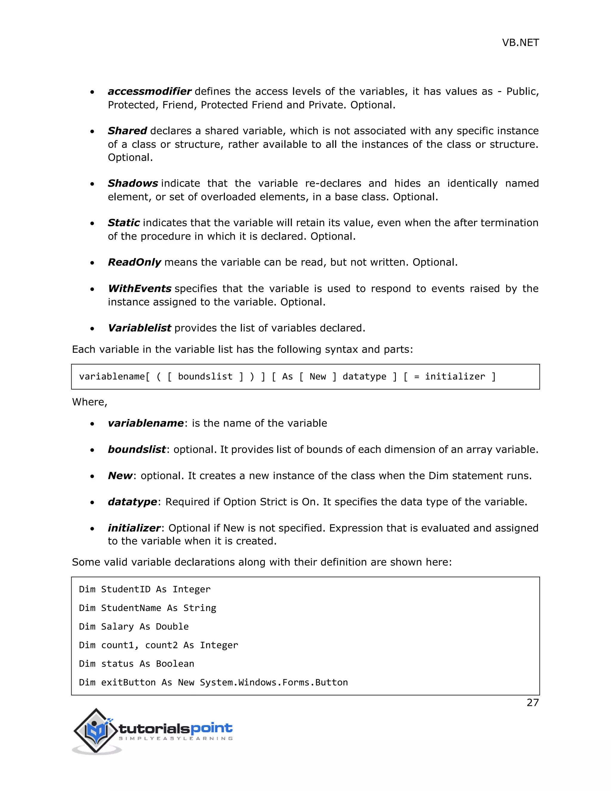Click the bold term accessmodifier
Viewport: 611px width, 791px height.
point(149,91)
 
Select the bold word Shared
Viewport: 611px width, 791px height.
point(127,131)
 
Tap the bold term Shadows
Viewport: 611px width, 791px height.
point(132,183)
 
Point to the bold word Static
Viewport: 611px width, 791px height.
point(124,223)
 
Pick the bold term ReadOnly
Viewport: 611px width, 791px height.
point(134,262)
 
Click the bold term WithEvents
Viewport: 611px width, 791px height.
point(139,289)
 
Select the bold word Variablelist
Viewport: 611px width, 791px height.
point(139,328)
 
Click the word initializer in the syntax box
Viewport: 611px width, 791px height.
point(455,377)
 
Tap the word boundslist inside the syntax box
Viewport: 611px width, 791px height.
point(205,377)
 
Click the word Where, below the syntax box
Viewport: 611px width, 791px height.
point(90,402)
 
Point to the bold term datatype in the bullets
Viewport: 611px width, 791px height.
point(132,502)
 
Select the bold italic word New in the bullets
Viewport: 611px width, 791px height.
point(120,475)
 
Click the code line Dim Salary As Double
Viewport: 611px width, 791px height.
point(134,627)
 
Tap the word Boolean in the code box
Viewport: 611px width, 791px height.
point(175,664)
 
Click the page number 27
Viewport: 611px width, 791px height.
point(533,703)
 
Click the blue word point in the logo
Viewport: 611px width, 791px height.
point(212,728)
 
